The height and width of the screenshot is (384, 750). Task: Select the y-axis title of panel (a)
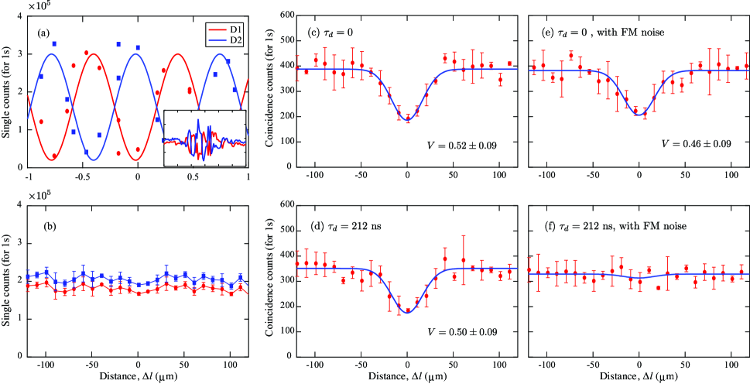7,91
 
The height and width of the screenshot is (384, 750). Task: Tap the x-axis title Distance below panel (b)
138,377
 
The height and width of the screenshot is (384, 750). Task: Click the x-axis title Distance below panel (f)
638,377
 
